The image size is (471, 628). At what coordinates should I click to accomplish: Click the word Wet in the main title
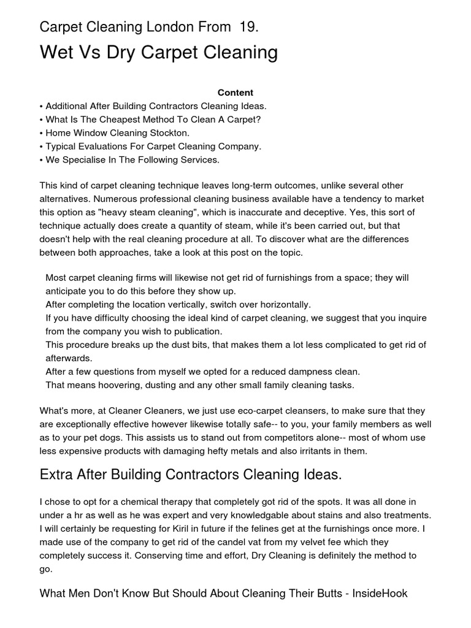(56, 53)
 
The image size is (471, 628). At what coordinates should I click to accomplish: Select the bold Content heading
(235, 93)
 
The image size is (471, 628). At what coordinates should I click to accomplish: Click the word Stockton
(169, 133)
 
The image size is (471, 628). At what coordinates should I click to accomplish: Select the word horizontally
(281, 304)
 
